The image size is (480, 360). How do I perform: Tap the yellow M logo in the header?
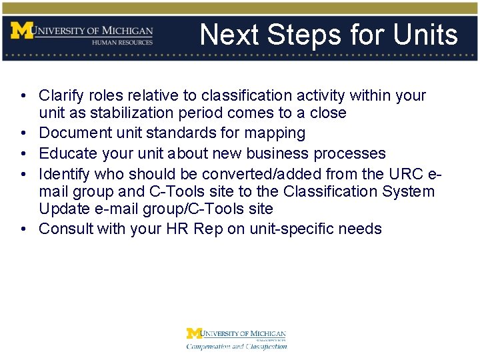pos(21,31)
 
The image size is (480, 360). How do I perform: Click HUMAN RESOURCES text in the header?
pos(123,42)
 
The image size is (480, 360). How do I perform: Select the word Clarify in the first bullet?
pos(62,96)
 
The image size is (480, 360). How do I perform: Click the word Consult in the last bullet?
pos(66,229)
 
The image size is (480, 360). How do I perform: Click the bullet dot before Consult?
pos(23,229)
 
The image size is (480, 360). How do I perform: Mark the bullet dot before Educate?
pos(23,154)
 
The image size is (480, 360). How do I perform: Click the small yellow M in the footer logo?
pos(193,333)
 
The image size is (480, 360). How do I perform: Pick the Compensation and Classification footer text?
pos(237,346)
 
